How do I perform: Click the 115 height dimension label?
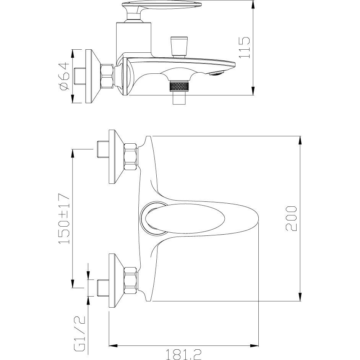(x=244, y=47)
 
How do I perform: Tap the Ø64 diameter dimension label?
(x=64, y=76)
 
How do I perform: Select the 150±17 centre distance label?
(x=64, y=219)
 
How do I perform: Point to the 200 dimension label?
(x=291, y=218)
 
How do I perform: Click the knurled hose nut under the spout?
(x=178, y=86)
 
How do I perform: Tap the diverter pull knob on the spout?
(x=179, y=46)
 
